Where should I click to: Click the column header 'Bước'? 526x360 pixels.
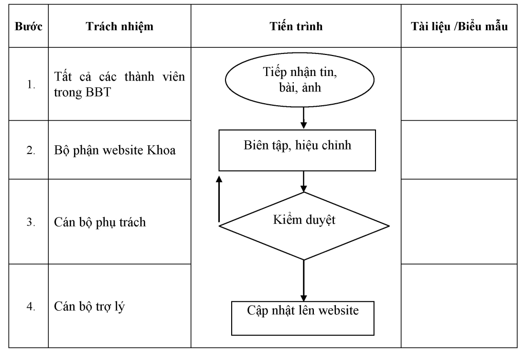click(29, 26)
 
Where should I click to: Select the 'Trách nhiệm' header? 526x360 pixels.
click(119, 26)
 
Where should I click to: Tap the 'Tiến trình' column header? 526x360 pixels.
click(296, 26)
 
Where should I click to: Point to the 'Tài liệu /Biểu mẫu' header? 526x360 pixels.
click(459, 26)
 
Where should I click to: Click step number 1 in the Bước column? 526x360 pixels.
click(31, 84)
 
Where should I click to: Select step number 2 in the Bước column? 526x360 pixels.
click(31, 150)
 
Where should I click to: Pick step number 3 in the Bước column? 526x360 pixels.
click(31, 222)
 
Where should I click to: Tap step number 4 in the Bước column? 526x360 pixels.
click(31, 306)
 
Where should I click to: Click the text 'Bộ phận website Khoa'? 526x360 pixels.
click(115, 150)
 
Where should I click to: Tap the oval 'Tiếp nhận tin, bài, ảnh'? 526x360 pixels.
click(299, 80)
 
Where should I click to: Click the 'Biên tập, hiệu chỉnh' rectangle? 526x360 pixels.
click(297, 150)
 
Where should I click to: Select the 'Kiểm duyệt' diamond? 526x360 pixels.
click(304, 226)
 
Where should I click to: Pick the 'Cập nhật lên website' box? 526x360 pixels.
click(303, 318)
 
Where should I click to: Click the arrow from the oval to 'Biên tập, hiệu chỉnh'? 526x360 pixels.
click(304, 118)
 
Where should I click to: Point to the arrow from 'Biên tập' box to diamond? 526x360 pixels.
click(304, 181)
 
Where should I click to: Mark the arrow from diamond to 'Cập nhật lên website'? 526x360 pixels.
click(304, 280)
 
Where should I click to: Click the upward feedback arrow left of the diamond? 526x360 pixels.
click(219, 199)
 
